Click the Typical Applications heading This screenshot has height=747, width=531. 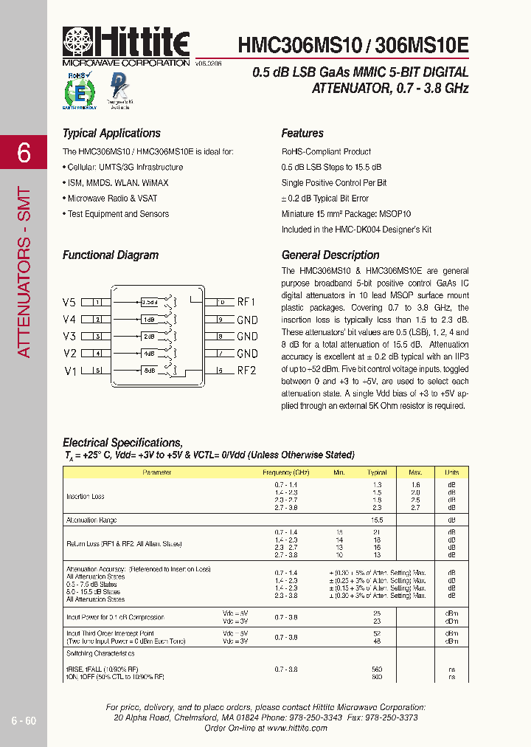111,134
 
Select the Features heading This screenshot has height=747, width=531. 302,134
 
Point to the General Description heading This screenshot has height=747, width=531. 330,255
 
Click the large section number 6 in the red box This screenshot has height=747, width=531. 24,153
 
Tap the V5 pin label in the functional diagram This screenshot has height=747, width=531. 69,303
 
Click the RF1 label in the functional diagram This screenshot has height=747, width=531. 246,303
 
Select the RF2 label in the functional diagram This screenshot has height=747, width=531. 246,371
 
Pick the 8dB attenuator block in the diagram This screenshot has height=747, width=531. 150,371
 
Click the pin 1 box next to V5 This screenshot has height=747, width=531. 97,303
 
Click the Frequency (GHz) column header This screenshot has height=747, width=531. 286,472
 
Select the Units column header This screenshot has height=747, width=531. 451,472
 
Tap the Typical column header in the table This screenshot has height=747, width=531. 377,472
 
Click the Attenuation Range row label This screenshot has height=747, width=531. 91,520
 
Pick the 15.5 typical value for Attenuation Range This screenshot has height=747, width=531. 377,520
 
